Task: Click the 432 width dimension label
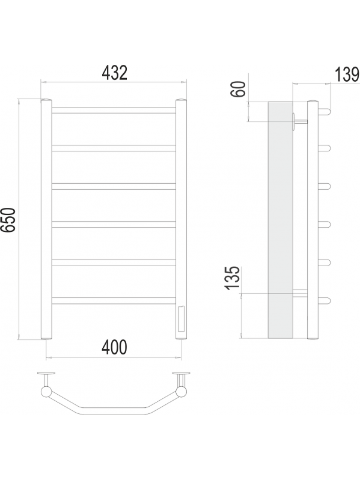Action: coord(114,73)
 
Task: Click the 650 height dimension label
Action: coord(8,219)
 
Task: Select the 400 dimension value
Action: coord(114,347)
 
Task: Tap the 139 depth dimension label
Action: coord(347,74)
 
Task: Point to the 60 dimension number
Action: coord(239,89)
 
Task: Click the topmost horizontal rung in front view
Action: coord(114,110)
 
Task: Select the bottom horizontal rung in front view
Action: coord(114,300)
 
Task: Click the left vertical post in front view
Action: coord(46,219)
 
